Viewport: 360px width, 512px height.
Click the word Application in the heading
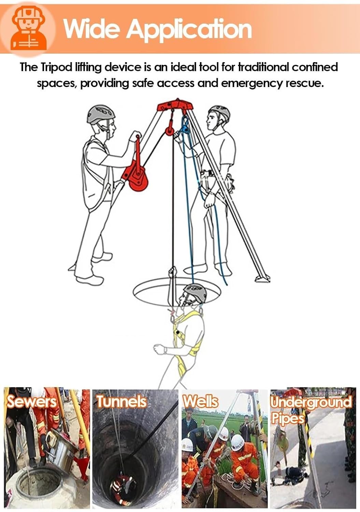(189, 29)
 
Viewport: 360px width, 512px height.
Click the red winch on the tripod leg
(136, 177)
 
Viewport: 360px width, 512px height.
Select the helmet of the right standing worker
(220, 112)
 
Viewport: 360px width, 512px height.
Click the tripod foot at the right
(262, 279)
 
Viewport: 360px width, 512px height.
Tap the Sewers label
(31, 401)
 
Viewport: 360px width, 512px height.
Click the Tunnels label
(121, 401)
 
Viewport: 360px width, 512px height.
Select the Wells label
(200, 401)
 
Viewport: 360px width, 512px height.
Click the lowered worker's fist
(159, 349)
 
